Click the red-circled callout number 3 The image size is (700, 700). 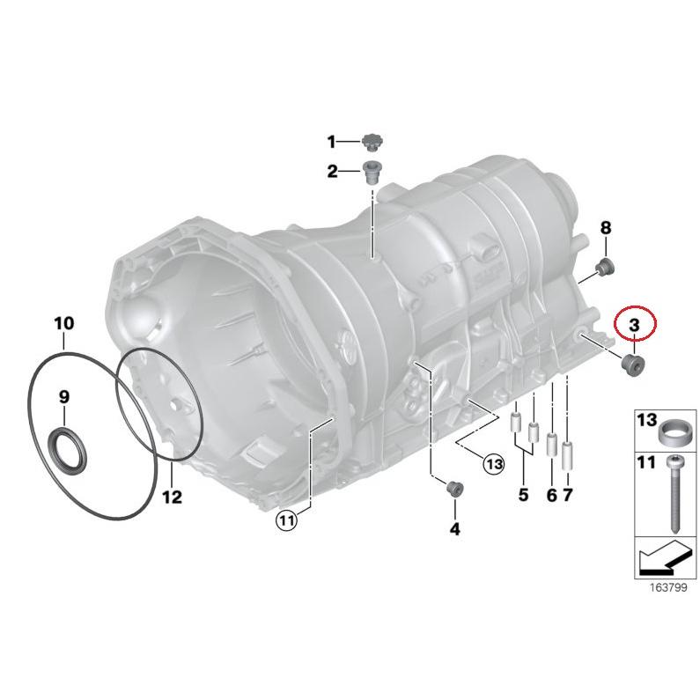pos(634,325)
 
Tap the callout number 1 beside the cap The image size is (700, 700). pos(332,142)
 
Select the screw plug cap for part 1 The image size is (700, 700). pos(372,141)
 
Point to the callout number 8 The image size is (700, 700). pos(605,229)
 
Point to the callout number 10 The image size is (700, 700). pos(63,323)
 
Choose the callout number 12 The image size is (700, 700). pos(171,497)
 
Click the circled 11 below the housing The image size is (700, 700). pos(286,520)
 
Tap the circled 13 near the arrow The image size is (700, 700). pos(492,463)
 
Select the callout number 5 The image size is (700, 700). pos(523,495)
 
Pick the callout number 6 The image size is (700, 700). pos(551,496)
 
